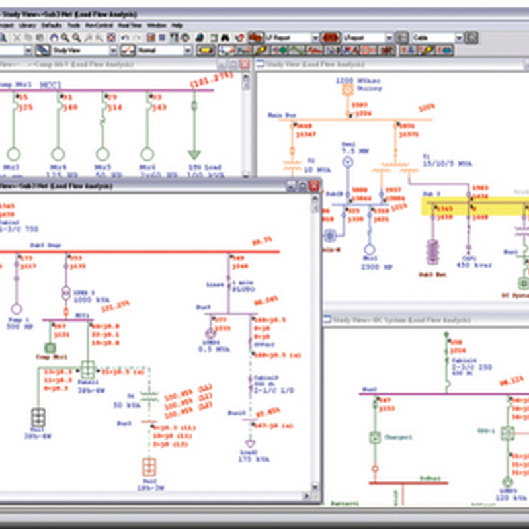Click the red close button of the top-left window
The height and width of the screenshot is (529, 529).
click(245, 64)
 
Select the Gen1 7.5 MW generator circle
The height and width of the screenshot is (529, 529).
click(348, 161)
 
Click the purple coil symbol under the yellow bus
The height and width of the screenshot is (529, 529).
click(433, 251)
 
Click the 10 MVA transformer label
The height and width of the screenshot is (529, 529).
click(319, 169)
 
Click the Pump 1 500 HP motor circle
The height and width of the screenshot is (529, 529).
click(16, 309)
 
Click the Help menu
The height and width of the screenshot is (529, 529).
click(177, 25)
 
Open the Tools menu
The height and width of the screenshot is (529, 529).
click(73, 25)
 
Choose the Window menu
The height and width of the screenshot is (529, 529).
click(157, 25)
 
